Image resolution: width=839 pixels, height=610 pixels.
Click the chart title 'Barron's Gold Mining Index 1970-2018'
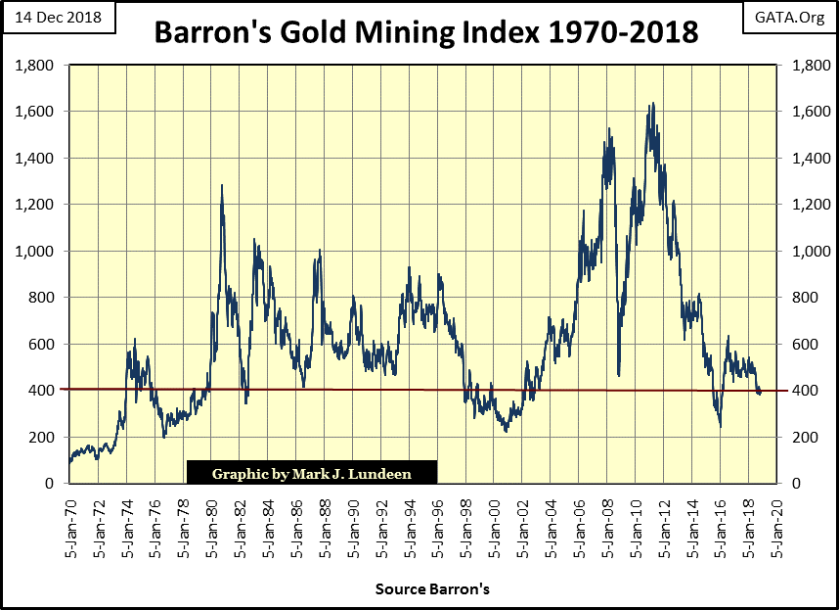click(425, 32)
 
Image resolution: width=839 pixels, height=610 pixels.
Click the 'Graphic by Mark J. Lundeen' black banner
click(311, 474)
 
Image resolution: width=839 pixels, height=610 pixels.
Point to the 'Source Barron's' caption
click(432, 590)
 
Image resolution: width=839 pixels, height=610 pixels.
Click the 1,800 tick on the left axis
click(35, 66)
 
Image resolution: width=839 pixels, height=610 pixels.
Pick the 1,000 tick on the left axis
click(35, 252)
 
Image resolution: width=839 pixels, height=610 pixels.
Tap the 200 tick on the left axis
click(41, 437)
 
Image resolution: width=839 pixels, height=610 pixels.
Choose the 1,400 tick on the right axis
click(800, 159)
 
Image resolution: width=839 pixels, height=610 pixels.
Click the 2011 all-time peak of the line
click(652, 103)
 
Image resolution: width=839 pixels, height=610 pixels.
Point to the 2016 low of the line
click(721, 426)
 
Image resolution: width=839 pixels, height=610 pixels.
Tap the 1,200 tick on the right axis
click(800, 205)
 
